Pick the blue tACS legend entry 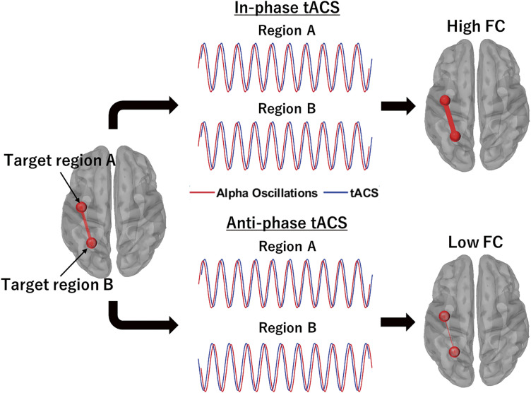tap(357, 192)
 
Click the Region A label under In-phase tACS tap(280, 32)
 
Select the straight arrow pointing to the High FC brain tap(397, 107)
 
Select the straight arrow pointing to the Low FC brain tap(397, 322)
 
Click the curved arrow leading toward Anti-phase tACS tap(134, 318)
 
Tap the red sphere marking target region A tap(82, 207)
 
